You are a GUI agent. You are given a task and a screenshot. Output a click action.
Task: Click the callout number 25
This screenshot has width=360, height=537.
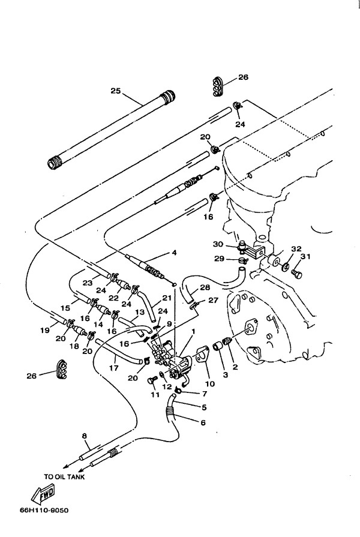(x=116, y=91)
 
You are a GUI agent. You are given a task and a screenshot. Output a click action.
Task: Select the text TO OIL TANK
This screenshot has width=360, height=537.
(x=64, y=478)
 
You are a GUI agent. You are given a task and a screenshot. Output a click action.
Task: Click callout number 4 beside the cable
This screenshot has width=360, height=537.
(x=174, y=253)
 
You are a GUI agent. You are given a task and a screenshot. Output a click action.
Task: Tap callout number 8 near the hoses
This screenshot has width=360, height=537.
(x=85, y=436)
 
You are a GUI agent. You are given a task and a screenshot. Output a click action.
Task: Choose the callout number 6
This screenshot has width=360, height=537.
(x=202, y=423)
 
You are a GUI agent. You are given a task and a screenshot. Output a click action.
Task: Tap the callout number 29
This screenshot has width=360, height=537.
(x=220, y=259)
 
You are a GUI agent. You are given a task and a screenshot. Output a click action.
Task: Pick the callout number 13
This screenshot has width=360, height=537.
(x=140, y=312)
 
